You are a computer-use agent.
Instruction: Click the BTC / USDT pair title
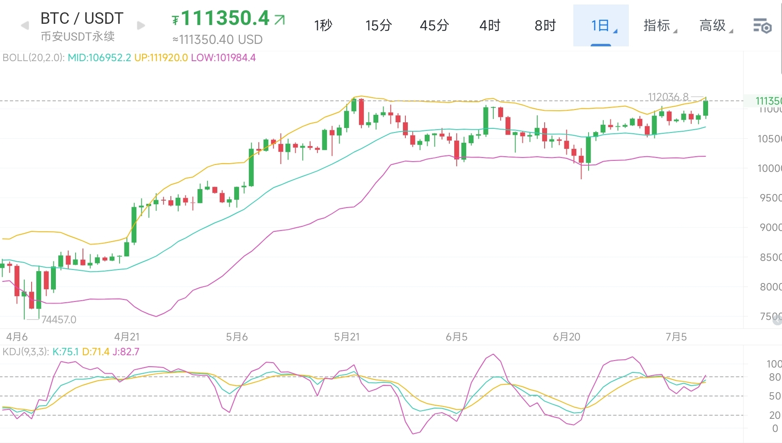point(82,18)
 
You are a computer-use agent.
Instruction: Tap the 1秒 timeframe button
point(323,25)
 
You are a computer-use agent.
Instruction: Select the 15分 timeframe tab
point(378,25)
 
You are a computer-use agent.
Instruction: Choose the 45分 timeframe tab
point(434,25)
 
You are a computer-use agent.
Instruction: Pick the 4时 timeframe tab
point(490,25)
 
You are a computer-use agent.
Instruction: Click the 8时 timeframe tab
point(545,25)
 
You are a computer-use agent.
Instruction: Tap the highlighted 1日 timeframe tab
point(600,25)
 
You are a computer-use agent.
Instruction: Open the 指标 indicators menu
point(658,25)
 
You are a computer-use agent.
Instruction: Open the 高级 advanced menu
point(713,25)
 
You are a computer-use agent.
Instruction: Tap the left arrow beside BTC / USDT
point(25,25)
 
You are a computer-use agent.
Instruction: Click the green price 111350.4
point(225,18)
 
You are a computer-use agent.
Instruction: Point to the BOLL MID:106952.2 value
point(99,57)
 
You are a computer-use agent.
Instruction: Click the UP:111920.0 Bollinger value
point(161,57)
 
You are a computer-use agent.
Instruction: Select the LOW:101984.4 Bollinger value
point(223,57)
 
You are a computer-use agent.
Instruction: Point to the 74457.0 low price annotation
point(59,320)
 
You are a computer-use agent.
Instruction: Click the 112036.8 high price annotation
point(668,97)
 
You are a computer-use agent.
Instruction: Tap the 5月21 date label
point(347,337)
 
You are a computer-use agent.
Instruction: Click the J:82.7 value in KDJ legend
point(126,352)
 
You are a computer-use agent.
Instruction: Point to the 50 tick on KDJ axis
point(774,396)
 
